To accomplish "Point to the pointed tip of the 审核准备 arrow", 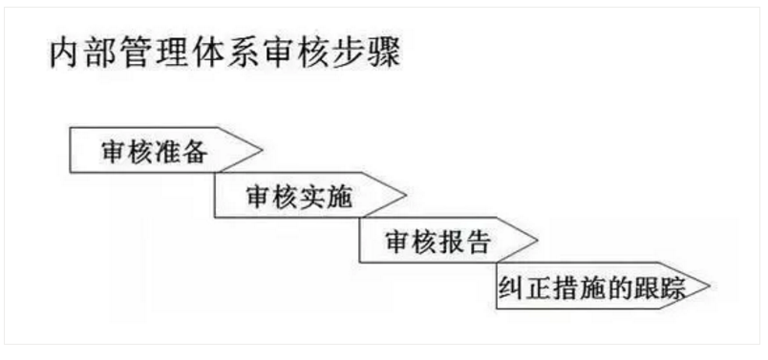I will [x=259, y=150].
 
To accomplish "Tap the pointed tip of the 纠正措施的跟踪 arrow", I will [x=709, y=286].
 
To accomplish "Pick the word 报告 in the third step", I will [x=467, y=242].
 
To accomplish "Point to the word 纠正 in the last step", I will [x=523, y=287].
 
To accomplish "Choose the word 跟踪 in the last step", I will [x=663, y=287].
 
